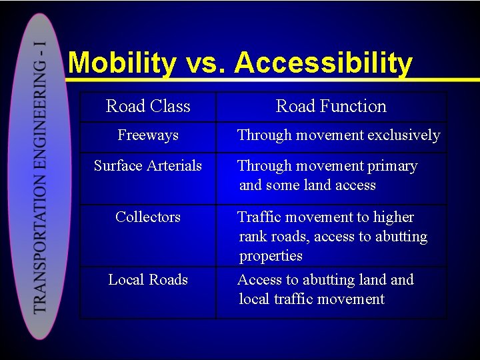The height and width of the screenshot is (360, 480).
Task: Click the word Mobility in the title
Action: point(122,63)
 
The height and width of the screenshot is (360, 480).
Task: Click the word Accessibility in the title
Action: point(323,63)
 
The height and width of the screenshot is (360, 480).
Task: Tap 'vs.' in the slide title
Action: point(205,64)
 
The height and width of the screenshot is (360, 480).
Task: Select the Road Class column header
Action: point(148,107)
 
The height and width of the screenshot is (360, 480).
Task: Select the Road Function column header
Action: point(331,107)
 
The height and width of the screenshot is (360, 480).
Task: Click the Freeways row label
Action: point(148,135)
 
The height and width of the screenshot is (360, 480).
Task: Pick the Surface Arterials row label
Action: point(148,166)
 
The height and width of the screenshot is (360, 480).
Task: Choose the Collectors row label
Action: point(148,217)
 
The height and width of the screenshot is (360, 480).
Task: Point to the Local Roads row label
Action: point(148,280)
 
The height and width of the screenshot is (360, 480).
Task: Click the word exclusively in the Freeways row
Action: point(405,135)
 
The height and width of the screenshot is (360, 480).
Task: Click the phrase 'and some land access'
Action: point(307,185)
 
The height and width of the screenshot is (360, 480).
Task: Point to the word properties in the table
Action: point(271,256)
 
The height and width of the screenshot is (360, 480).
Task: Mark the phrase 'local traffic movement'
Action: point(311,299)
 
